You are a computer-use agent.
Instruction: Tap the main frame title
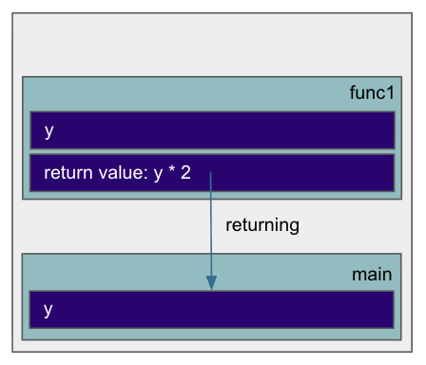tap(372, 275)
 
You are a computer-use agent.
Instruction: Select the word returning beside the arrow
tap(262, 225)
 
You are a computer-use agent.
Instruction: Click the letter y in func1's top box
tap(48, 131)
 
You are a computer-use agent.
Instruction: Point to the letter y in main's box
tap(48, 311)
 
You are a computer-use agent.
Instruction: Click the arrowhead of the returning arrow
tap(211, 283)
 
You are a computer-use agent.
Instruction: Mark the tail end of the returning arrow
tap(211, 174)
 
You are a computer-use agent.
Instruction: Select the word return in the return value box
tap(67, 174)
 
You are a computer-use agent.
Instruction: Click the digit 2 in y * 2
tap(187, 174)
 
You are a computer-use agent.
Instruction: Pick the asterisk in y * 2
tap(173, 173)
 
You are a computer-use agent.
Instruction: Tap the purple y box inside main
tap(285, 310)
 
